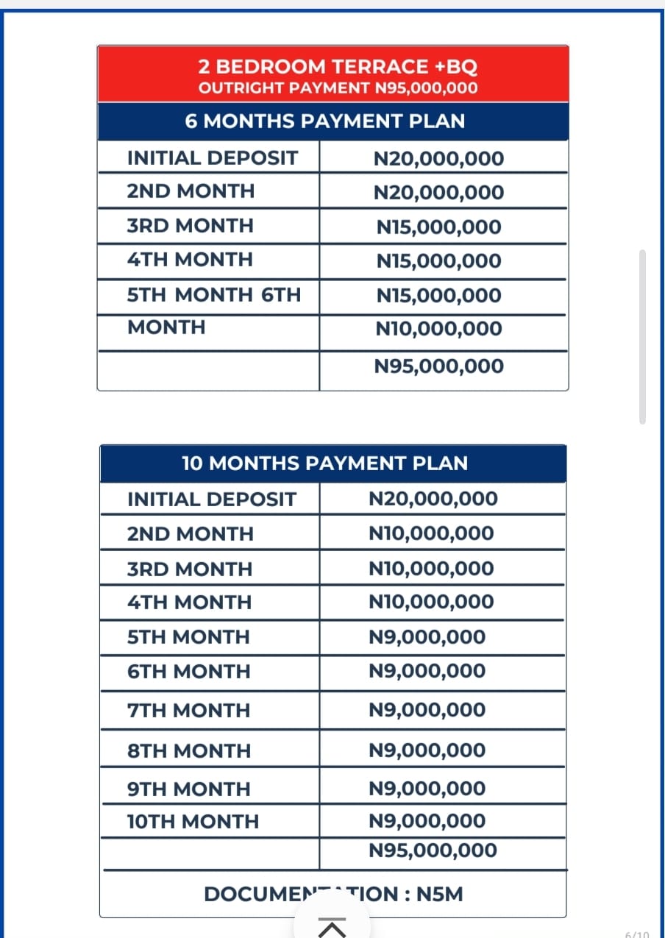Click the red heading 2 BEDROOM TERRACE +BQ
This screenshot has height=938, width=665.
tap(338, 67)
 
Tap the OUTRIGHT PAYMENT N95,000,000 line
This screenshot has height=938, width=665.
tap(338, 88)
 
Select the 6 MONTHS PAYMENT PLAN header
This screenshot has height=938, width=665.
tap(325, 121)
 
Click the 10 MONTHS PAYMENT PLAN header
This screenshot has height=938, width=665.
tap(324, 463)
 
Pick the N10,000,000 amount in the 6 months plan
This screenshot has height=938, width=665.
tap(438, 329)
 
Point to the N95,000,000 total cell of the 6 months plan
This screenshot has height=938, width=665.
tap(438, 366)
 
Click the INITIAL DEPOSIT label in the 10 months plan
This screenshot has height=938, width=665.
tap(211, 500)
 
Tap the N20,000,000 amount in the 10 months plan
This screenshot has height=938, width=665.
tap(433, 499)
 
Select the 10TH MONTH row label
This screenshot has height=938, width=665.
tap(193, 822)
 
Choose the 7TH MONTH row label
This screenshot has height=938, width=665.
tap(188, 711)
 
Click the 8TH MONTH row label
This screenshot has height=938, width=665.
tap(188, 751)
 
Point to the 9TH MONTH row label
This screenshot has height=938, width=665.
tap(188, 789)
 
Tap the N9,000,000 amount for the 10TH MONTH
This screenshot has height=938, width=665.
tap(427, 821)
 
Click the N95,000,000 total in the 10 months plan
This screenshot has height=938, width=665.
tap(433, 851)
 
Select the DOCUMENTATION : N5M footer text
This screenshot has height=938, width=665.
tap(333, 895)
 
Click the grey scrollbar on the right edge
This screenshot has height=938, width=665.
tap(642, 337)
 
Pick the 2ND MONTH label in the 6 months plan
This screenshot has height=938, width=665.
tap(191, 191)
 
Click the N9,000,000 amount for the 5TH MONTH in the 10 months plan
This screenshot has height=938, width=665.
tap(427, 637)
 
